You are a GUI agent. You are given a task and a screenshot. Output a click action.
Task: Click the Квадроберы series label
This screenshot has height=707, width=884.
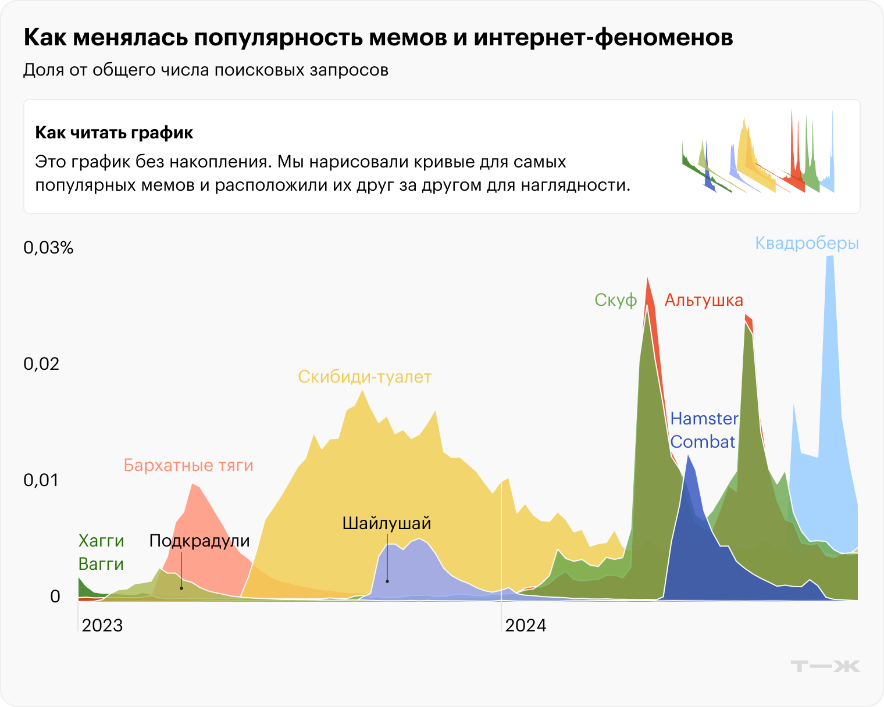coord(807,243)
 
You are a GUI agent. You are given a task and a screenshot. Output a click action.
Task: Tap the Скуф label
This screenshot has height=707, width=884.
coord(615,301)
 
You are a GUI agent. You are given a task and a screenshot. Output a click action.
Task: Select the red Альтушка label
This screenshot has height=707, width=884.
coord(704,300)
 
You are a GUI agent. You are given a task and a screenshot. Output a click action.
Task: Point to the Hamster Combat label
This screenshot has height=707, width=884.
coord(704,430)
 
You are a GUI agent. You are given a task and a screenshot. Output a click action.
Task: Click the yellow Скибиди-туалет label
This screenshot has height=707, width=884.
coord(365,377)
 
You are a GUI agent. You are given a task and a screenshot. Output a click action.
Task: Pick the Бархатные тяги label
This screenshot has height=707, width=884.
coord(188,465)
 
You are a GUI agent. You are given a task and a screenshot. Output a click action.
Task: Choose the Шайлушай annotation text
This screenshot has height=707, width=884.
coord(387,523)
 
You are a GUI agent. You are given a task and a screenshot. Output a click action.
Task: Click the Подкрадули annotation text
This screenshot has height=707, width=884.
coord(199,541)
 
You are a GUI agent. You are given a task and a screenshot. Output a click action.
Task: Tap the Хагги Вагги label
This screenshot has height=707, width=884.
coord(101,552)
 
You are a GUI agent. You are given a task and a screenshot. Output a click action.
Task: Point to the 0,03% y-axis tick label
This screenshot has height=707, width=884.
coord(48,248)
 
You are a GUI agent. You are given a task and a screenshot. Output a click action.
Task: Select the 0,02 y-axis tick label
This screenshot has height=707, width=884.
coord(41,364)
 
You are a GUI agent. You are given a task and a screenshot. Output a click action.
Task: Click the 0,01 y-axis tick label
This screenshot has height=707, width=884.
coord(41,480)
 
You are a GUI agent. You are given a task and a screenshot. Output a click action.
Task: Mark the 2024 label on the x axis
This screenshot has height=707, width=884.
coord(526,626)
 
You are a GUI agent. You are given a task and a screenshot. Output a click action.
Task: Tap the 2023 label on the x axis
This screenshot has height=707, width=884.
coord(102,626)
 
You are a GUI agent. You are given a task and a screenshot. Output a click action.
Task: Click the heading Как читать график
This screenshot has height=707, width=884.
coord(114,133)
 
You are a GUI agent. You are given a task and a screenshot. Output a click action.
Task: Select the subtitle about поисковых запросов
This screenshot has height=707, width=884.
coord(206,70)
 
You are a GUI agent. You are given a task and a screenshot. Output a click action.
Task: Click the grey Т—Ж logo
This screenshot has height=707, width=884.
coord(825,666)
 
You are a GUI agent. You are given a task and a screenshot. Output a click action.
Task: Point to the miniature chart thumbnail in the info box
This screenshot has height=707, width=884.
coord(758,152)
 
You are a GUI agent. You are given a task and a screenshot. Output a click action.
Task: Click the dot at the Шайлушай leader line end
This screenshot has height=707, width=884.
coord(387,581)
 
